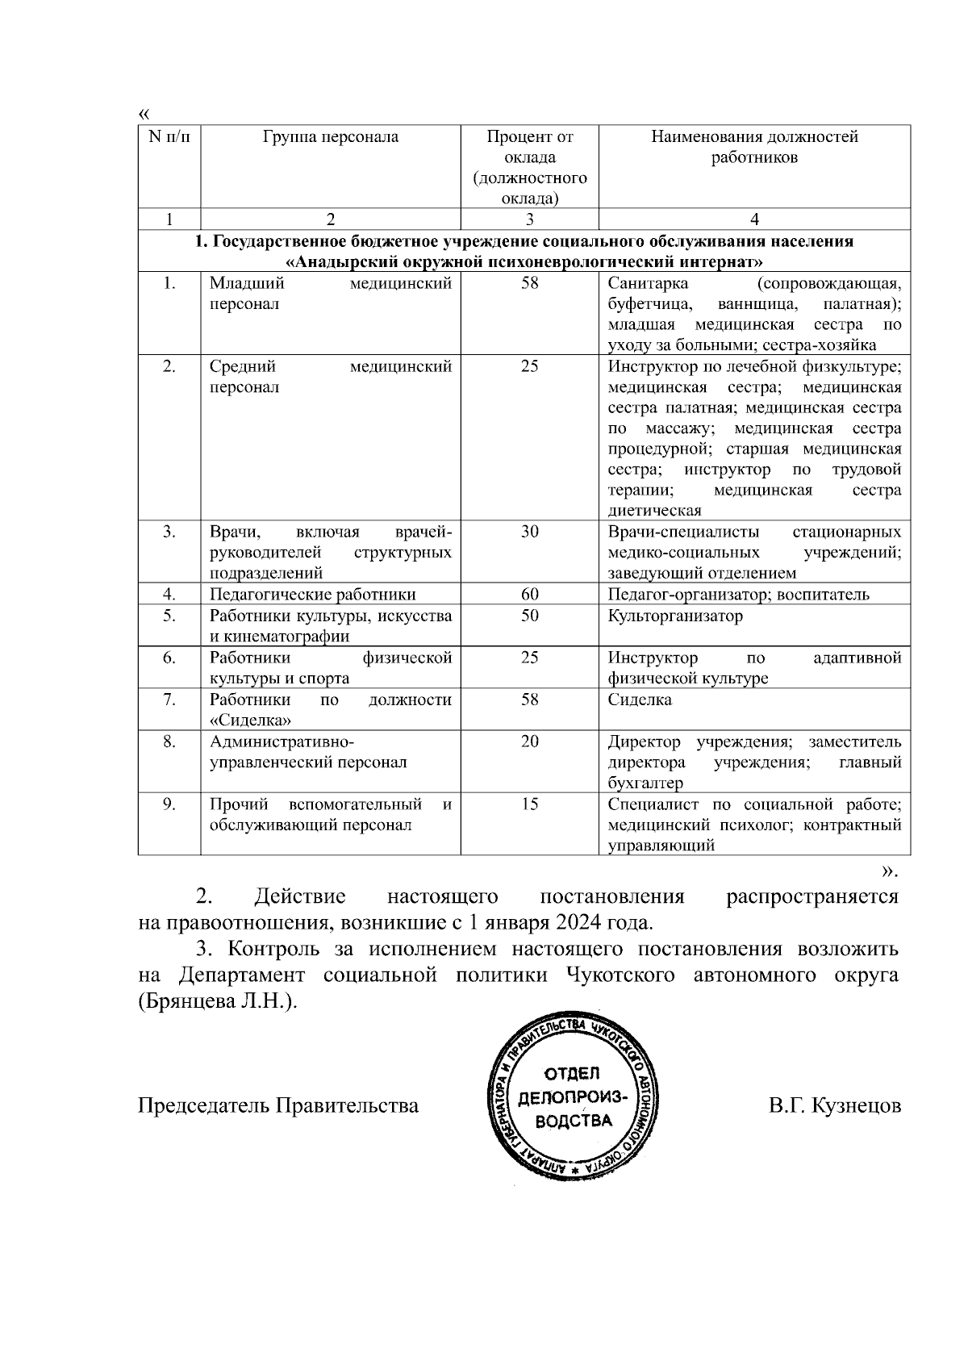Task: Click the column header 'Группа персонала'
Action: (331, 137)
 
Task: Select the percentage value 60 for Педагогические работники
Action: (529, 595)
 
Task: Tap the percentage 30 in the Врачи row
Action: (529, 532)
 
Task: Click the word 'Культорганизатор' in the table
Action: (675, 616)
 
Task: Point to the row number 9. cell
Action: (169, 804)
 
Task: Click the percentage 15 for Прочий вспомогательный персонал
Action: (529, 804)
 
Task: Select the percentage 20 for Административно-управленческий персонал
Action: (529, 741)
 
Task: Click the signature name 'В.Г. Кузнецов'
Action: (835, 1105)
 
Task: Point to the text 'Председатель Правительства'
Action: (278, 1105)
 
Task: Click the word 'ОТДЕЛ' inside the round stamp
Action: (573, 1074)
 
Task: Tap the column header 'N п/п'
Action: (169, 137)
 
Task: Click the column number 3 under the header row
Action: (529, 219)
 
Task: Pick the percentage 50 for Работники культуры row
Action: (529, 616)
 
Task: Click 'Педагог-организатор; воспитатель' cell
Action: (738, 595)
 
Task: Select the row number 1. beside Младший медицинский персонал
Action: (169, 283)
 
